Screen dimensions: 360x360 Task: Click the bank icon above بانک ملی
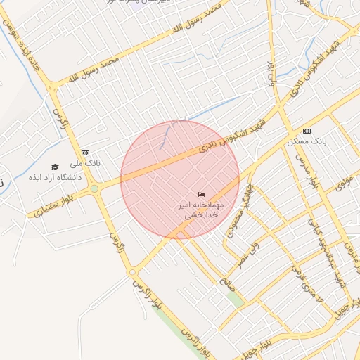(x=86, y=152)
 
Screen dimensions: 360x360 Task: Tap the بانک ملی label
(x=90, y=162)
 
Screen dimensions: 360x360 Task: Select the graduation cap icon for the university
(x=55, y=167)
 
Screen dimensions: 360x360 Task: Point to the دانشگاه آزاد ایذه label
(x=55, y=177)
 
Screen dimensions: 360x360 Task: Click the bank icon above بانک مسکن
(x=306, y=131)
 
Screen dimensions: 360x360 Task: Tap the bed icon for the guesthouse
(x=202, y=194)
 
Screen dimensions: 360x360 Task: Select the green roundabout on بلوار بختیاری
(x=94, y=188)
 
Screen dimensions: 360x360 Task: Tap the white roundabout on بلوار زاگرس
(x=131, y=272)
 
